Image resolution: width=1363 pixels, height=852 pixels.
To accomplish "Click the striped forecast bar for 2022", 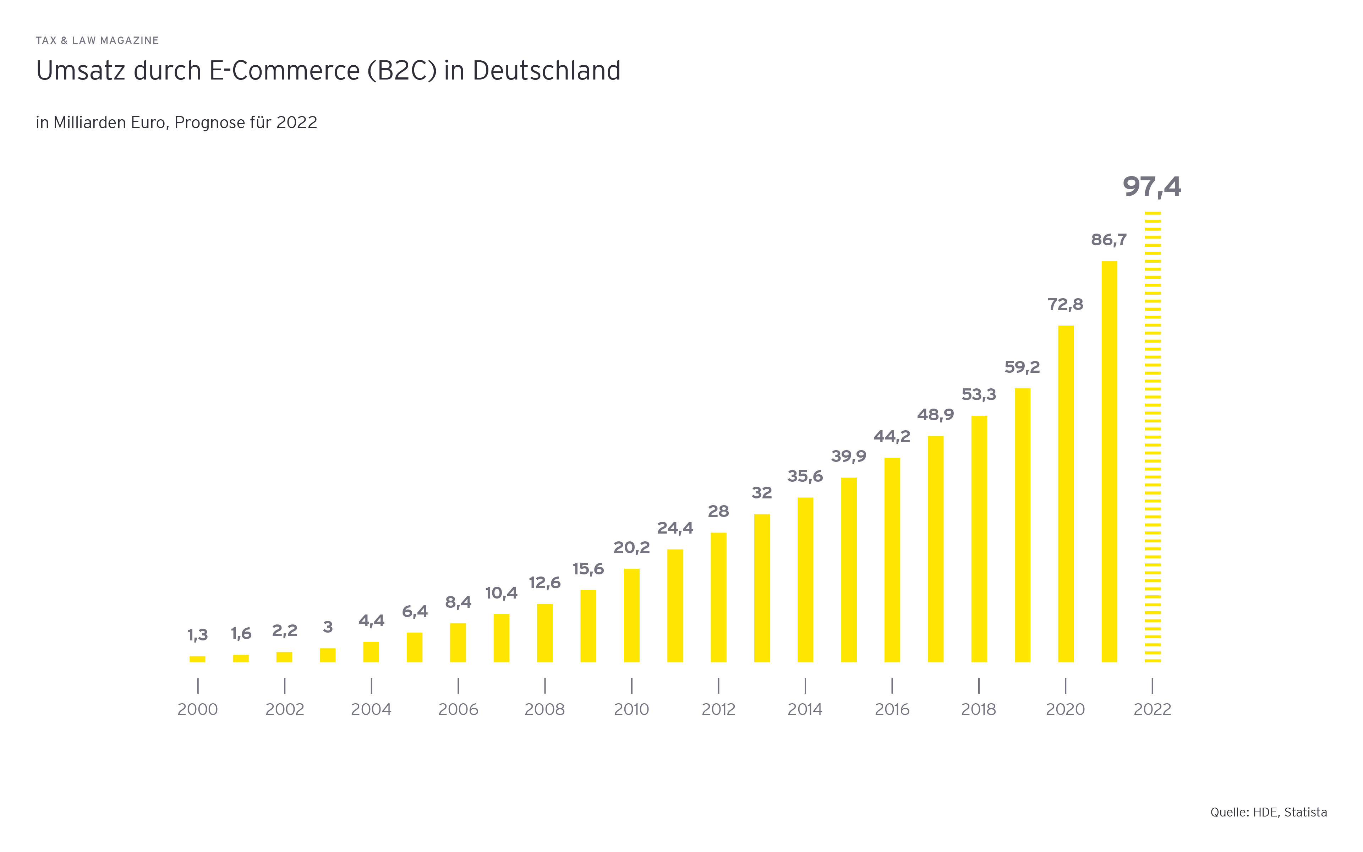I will click(x=1153, y=437).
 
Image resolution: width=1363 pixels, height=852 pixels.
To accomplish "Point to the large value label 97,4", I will click(x=1152, y=186).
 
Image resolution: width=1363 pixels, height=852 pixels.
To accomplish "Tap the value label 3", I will click(x=328, y=627).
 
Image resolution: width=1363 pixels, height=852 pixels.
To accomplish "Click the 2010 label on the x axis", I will click(x=631, y=709).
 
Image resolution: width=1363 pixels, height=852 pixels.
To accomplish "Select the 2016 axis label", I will click(x=892, y=709).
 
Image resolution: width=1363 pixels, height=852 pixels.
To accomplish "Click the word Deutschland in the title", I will click(x=546, y=71).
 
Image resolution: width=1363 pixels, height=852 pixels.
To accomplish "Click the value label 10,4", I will click(x=501, y=593).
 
